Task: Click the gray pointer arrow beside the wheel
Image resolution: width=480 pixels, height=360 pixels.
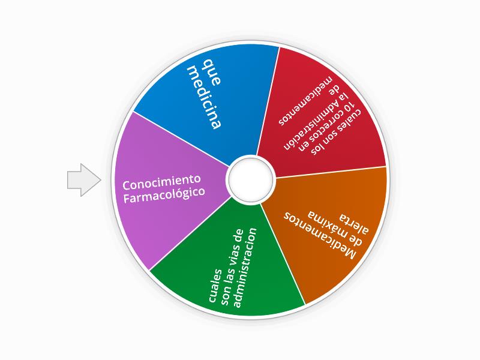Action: (84, 180)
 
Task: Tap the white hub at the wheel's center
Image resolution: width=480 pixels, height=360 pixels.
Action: (251, 179)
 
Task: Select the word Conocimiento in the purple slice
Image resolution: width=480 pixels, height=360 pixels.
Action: (161, 182)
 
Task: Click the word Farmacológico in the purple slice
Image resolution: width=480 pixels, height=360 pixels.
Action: (164, 195)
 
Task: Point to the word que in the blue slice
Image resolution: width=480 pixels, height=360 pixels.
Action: (212, 73)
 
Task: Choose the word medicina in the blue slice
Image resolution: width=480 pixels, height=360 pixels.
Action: (204, 97)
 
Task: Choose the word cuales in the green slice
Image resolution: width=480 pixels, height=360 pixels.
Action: (215, 286)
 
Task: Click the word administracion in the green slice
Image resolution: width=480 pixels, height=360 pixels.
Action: (245, 267)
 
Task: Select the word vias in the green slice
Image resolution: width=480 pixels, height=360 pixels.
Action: (235, 251)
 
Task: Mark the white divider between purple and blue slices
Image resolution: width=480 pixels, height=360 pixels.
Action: (181, 139)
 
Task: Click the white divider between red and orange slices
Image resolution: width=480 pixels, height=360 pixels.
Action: (331, 172)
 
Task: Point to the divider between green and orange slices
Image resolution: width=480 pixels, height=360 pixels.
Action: (283, 254)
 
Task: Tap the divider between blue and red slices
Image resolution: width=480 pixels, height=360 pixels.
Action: (268, 101)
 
